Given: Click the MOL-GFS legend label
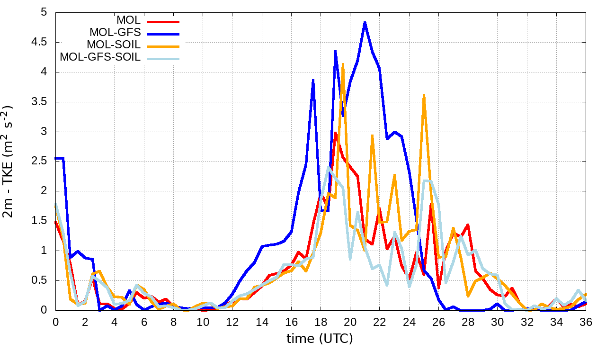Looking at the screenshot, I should click(x=115, y=33).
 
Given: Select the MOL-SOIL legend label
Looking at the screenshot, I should click(x=114, y=45).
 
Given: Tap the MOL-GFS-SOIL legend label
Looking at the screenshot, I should click(x=100, y=57).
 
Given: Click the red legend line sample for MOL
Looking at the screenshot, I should click(x=163, y=21).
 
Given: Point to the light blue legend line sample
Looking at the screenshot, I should click(x=163, y=58).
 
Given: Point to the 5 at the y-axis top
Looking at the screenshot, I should click(x=45, y=12).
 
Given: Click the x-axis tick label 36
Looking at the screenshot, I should click(x=586, y=322).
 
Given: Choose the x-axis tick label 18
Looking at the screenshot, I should click(x=321, y=322).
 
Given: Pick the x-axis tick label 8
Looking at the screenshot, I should click(x=173, y=322).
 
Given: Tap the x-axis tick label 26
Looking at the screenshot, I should click(x=438, y=322).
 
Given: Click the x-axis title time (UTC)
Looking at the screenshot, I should click(x=320, y=338).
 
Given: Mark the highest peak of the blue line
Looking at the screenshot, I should click(x=365, y=22).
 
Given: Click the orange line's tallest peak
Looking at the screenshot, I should click(x=343, y=63).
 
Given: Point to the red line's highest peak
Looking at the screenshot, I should click(x=335, y=133).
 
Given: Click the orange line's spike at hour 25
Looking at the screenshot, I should click(x=424, y=94).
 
